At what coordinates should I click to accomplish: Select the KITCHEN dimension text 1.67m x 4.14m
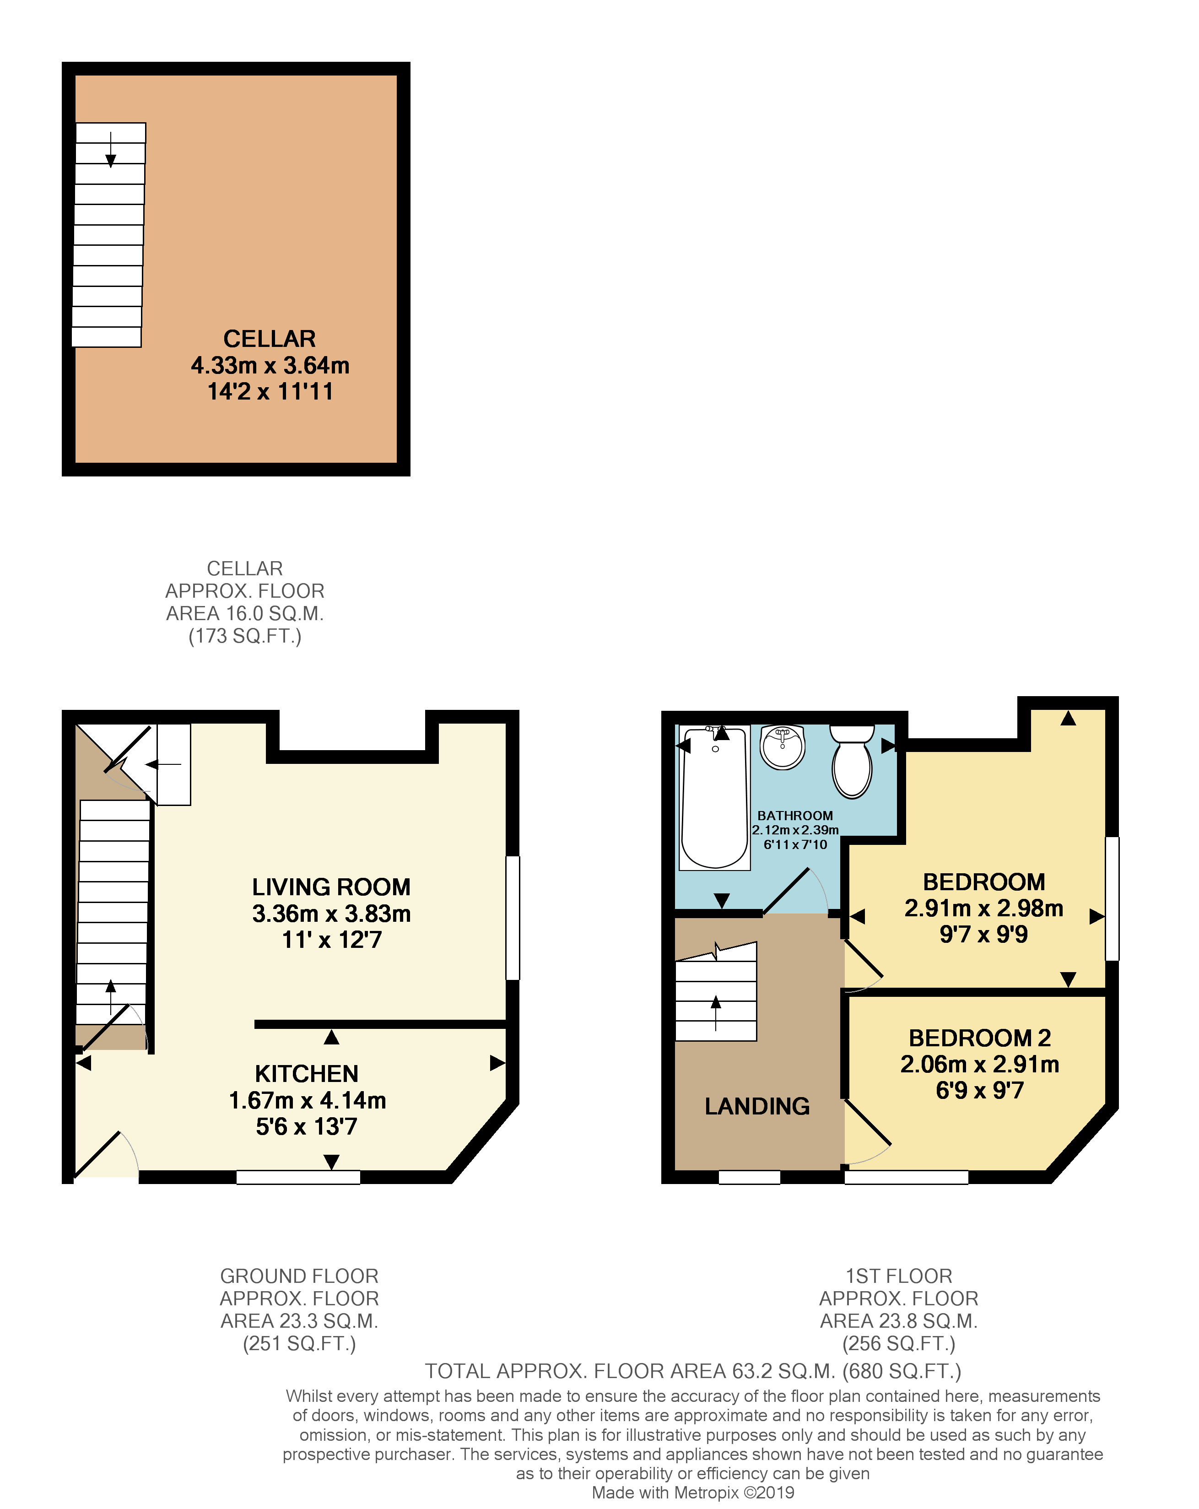click(307, 1100)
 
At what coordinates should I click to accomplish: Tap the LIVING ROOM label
click(331, 887)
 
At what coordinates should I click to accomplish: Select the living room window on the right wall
click(513, 917)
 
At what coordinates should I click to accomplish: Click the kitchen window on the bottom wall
click(298, 1177)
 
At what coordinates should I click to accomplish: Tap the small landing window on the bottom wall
click(749, 1177)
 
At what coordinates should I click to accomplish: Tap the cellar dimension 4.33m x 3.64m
click(270, 365)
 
